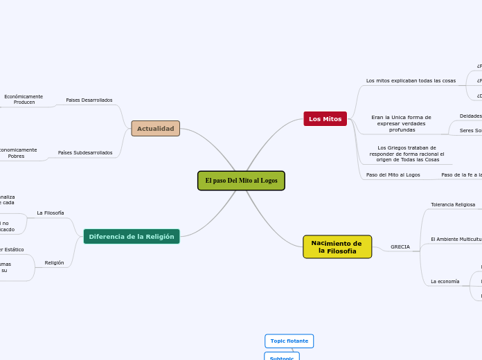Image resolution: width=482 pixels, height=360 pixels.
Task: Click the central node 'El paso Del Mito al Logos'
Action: pyautogui.click(x=241, y=181)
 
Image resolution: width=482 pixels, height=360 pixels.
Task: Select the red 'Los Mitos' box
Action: pyautogui.click(x=325, y=119)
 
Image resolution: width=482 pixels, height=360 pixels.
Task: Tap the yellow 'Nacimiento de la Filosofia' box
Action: pyautogui.click(x=337, y=247)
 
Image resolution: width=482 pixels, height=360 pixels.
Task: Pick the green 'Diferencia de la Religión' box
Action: pyautogui.click(x=132, y=237)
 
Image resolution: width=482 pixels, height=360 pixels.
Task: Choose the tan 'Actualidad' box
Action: pyautogui.click(x=155, y=129)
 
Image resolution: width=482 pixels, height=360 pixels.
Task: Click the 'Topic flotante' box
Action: pyautogui.click(x=289, y=341)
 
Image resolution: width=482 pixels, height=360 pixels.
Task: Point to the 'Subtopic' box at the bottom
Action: pyautogui.click(x=282, y=357)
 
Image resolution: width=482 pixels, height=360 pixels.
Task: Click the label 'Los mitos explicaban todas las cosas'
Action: pyautogui.click(x=411, y=81)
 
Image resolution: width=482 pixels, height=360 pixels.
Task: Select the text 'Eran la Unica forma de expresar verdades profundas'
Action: pyautogui.click(x=401, y=124)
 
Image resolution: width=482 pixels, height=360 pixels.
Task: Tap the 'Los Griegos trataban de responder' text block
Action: pyautogui.click(x=407, y=154)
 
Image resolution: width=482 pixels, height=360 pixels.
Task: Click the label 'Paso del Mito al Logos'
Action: pyautogui.click(x=393, y=175)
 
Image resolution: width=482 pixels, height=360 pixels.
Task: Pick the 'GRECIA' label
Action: pyautogui.click(x=400, y=247)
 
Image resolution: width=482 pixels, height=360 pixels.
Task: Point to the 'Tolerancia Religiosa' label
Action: pyautogui.click(x=453, y=205)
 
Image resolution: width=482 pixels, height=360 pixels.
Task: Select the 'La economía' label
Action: pyautogui.click(x=445, y=282)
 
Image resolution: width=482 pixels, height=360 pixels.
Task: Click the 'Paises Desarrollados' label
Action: pyautogui.click(x=89, y=100)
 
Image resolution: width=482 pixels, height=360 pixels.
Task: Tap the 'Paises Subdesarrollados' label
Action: pyautogui.click(x=84, y=153)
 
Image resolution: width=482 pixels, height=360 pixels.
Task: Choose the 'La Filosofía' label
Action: pyautogui.click(x=51, y=213)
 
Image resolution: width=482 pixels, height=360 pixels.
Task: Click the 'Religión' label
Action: pyautogui.click(x=54, y=263)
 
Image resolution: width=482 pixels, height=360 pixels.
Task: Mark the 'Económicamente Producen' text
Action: pyautogui.click(x=24, y=99)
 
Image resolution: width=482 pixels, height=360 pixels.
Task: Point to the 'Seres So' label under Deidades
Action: pyautogui.click(x=470, y=131)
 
